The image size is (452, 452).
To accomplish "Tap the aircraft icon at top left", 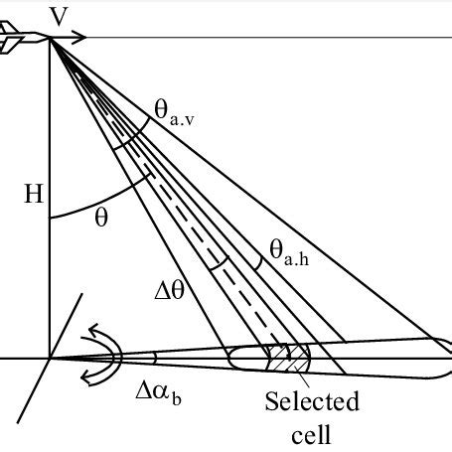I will pos(20,41).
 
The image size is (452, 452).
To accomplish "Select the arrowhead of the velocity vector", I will pos(84,40).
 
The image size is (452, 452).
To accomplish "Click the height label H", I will pos(30,193).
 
